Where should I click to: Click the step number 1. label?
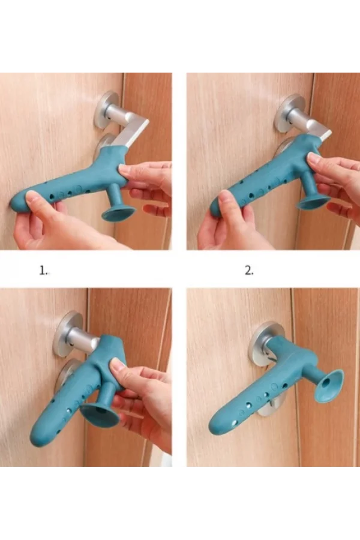[x=43, y=271]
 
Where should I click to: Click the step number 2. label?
[x=249, y=271]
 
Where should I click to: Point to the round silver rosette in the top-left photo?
[x=106, y=110]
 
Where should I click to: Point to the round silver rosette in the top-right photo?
[x=289, y=112]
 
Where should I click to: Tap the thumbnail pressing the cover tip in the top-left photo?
[x=32, y=197]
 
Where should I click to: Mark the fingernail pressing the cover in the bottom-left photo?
[x=119, y=364]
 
